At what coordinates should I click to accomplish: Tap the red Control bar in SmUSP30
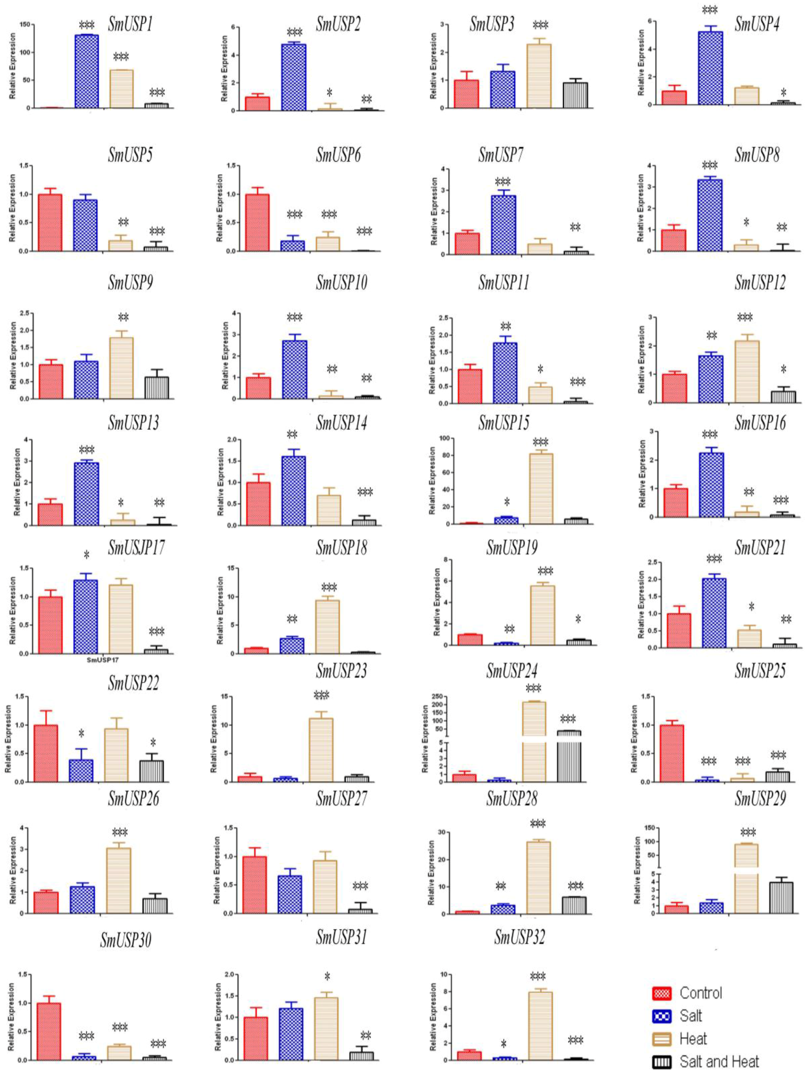point(49,1031)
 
